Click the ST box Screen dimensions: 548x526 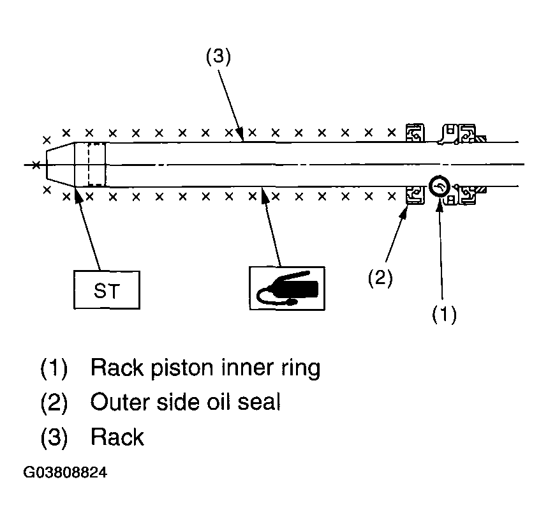[107, 290]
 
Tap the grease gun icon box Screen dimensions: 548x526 [287, 288]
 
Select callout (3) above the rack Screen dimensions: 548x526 [218, 57]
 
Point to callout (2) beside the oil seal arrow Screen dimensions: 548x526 [380, 278]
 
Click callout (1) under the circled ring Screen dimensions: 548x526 [444, 313]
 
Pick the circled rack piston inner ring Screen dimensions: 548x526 [440, 186]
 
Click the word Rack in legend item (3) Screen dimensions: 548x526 [117, 437]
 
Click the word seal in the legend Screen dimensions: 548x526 [259, 402]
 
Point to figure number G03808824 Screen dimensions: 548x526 [65, 472]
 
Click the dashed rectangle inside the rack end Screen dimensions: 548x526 [96, 164]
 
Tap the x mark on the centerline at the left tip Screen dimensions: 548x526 [36, 165]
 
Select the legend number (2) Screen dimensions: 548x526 [54, 402]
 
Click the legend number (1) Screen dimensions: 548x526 [54, 368]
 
